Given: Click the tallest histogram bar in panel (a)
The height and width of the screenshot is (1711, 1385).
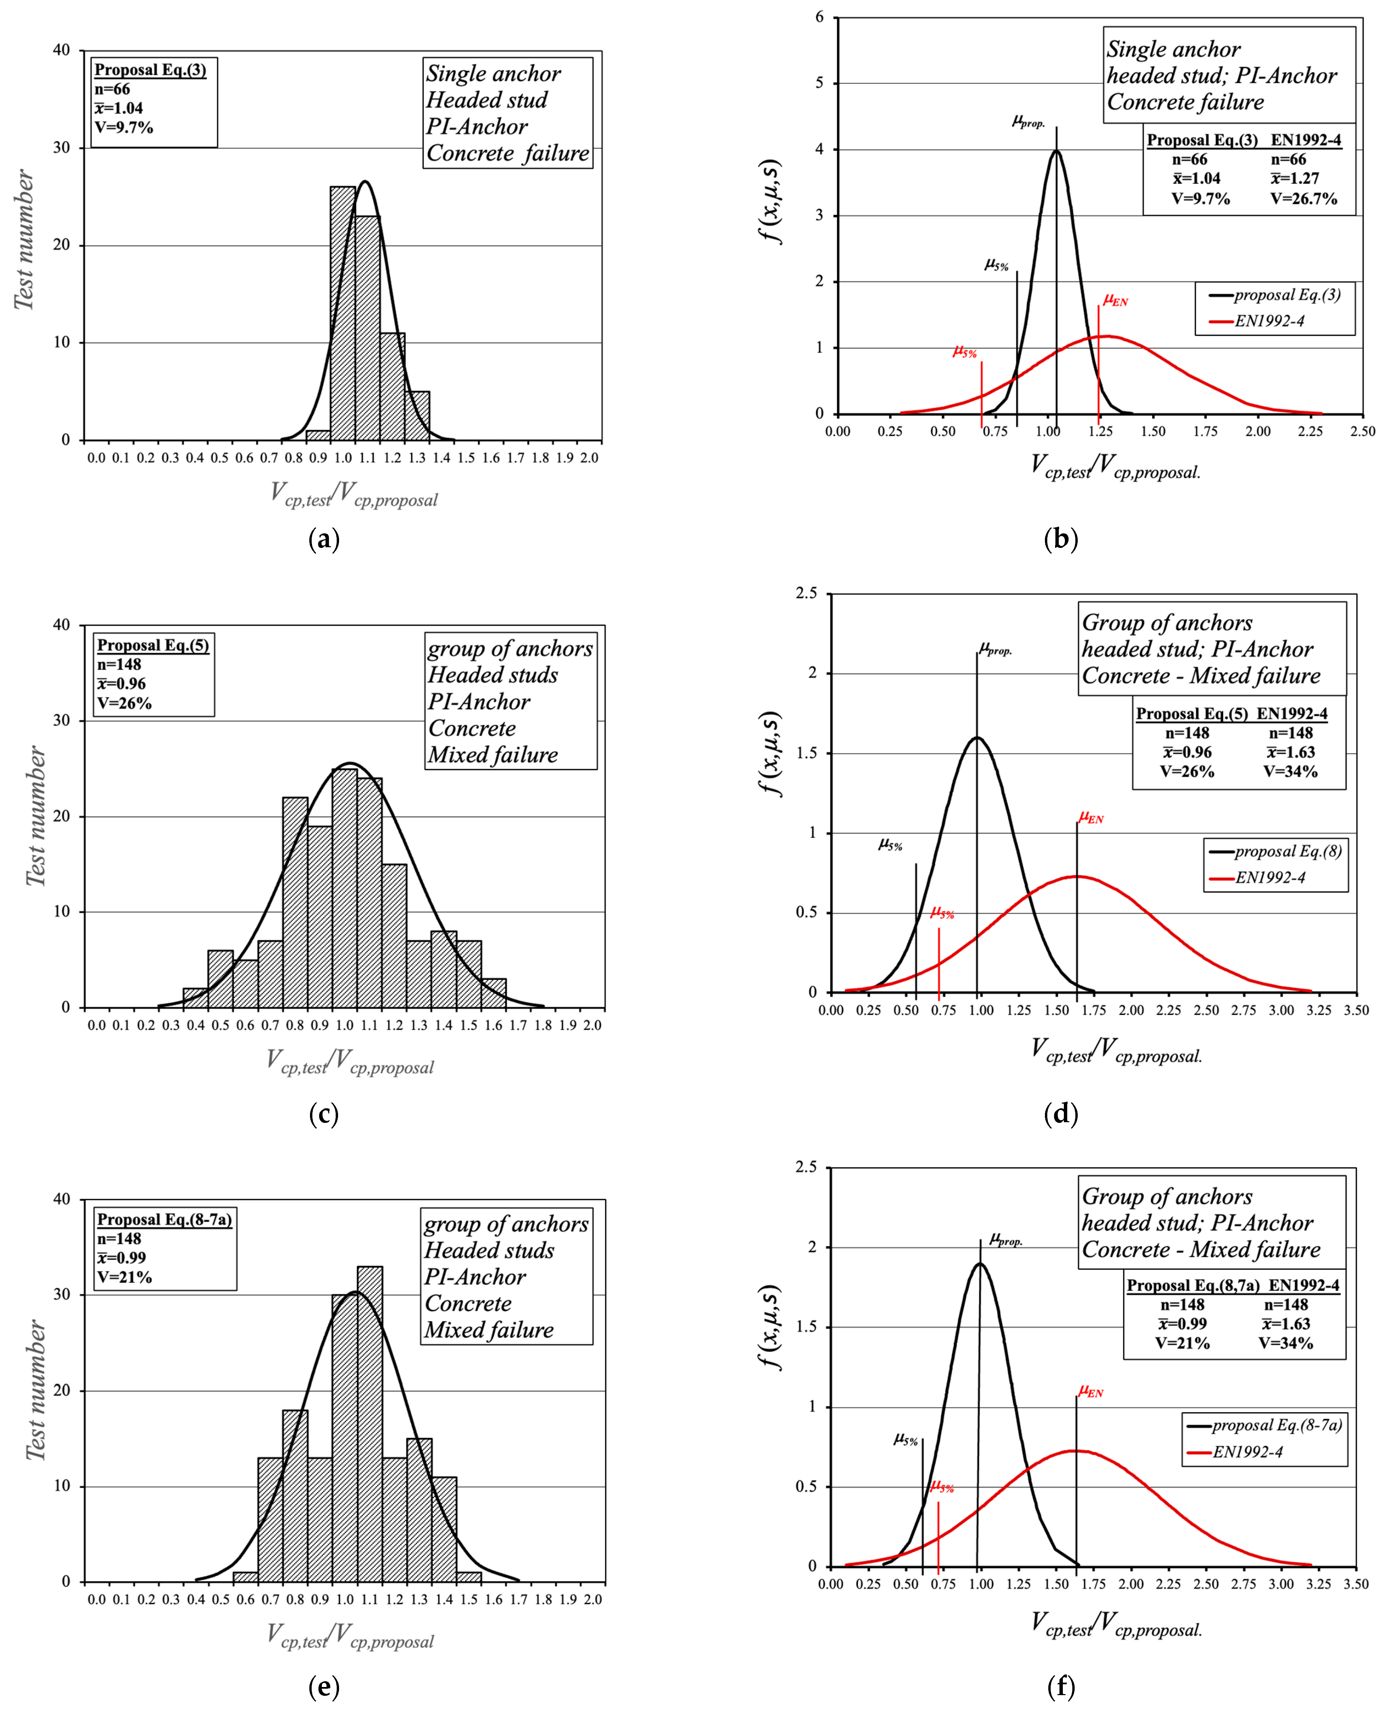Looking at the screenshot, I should pos(343,311).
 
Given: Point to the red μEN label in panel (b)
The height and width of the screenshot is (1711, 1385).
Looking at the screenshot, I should pos(1115,300).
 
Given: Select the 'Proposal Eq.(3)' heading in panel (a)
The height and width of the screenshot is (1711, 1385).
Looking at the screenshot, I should pos(150,70).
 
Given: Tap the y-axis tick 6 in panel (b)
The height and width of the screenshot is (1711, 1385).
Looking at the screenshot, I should pos(819,18).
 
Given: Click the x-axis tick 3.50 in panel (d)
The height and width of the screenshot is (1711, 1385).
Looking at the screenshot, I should pos(1356,1010).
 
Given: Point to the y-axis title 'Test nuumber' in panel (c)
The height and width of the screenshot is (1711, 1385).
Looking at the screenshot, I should pos(36,815).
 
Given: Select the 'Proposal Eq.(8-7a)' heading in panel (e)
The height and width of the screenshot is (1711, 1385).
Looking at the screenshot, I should pos(164,1220).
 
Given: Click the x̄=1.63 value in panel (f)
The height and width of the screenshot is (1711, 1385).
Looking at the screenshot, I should pos(1285,1323).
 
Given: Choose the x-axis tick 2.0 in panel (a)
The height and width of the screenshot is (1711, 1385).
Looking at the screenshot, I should pos(590,458).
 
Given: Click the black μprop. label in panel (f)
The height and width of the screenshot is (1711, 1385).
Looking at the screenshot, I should pos(1005,1239).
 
